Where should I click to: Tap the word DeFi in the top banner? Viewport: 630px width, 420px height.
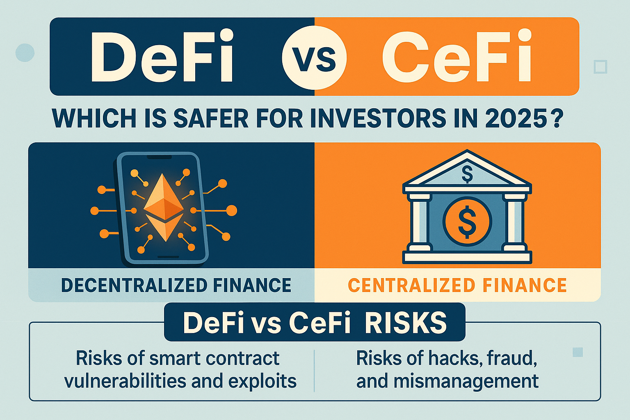click(162, 56)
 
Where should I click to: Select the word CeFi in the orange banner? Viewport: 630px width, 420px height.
click(457, 56)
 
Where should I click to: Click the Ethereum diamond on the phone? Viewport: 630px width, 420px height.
click(163, 208)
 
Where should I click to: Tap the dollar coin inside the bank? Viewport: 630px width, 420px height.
click(467, 221)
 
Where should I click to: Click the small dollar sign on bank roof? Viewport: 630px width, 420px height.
click(467, 174)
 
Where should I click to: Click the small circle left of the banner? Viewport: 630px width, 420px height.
click(25, 52)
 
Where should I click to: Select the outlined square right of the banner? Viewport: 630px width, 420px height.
click(600, 67)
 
